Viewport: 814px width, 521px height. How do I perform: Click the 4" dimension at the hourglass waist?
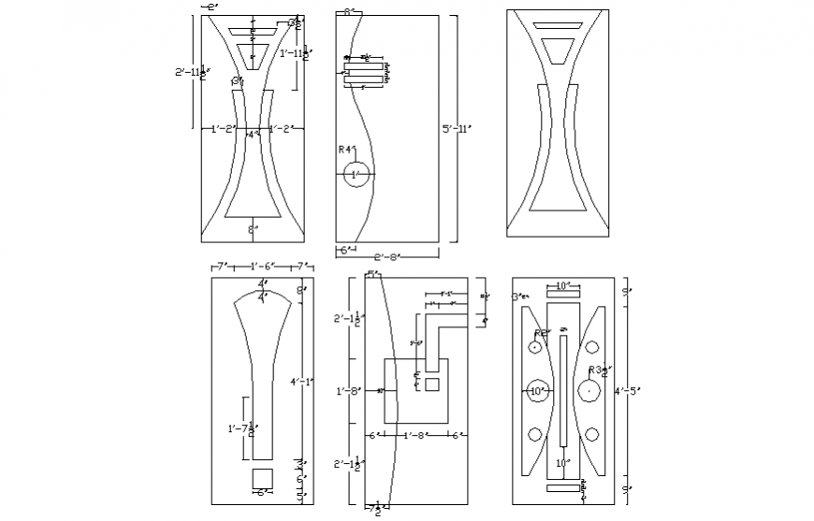click(251, 135)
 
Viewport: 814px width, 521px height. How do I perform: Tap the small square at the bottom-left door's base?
click(262, 478)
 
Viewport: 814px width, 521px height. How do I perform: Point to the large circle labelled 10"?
click(537, 392)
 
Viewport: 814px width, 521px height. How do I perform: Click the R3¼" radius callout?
click(596, 370)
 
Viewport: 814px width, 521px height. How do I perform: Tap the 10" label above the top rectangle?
click(563, 285)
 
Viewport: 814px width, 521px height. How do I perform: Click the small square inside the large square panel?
click(431, 384)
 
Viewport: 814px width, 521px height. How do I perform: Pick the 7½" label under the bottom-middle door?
click(373, 509)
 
